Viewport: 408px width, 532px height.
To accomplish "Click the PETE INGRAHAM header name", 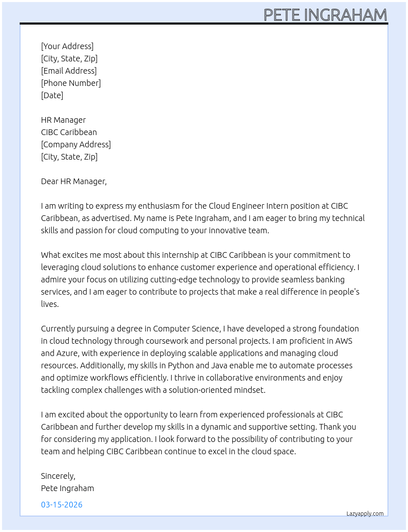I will (x=325, y=15).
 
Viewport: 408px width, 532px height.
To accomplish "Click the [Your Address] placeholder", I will (x=67, y=46).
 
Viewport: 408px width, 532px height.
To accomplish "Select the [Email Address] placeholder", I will (x=69, y=71).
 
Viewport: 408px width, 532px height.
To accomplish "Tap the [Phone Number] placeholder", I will (x=71, y=83).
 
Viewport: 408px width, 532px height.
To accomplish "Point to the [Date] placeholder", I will (x=52, y=95).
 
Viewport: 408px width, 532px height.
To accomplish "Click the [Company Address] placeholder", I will (x=76, y=144).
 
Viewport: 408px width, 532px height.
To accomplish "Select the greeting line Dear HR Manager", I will (x=74, y=181).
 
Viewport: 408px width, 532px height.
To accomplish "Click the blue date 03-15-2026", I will (x=62, y=505).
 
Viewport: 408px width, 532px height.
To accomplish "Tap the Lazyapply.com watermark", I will (x=365, y=514).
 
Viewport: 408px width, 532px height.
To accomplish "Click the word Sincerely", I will (x=58, y=476).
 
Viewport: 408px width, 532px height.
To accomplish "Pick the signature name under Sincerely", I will (x=68, y=488).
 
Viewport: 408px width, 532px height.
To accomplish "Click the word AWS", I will (x=344, y=341).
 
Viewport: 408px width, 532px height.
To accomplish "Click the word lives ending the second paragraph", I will (x=50, y=304).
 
